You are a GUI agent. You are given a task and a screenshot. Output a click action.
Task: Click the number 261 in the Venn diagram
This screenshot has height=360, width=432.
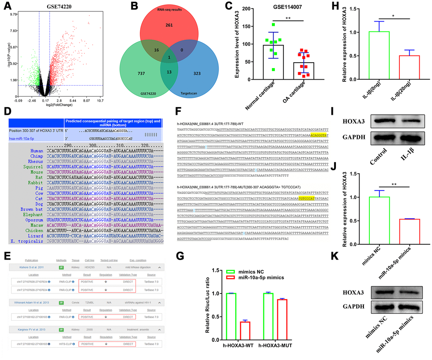(x=169, y=25)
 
